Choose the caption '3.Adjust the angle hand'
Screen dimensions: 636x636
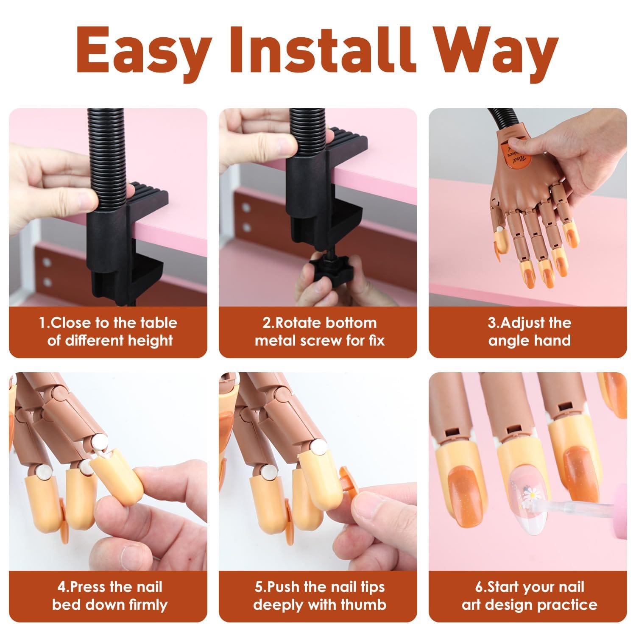[529, 332]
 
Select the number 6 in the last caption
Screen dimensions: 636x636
[479, 587]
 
